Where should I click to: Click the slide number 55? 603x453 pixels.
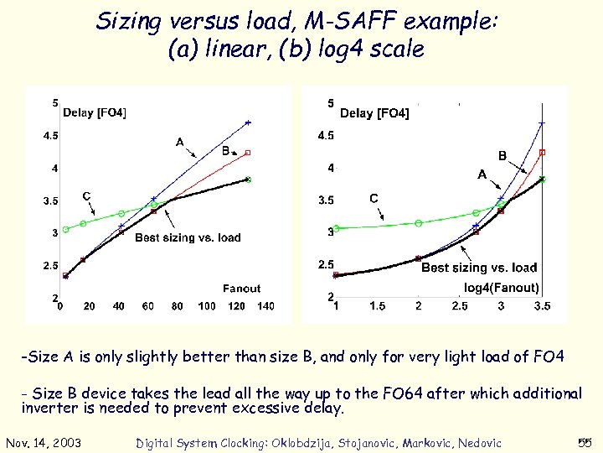point(585,443)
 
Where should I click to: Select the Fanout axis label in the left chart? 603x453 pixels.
point(241,289)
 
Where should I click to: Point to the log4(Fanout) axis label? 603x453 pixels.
point(501,287)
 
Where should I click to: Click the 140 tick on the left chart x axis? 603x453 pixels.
point(265,306)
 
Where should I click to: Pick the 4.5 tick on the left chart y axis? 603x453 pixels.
point(51,136)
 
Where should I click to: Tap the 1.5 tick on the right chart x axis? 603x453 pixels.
point(378,307)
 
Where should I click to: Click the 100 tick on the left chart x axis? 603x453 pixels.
point(206,306)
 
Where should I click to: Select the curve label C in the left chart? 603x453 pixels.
point(86,196)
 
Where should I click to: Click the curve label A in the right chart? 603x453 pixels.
point(482,174)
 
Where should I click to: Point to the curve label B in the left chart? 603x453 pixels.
point(225,151)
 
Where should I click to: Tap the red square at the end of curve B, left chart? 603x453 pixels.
point(249,153)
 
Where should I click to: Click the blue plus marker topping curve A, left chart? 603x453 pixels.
point(248,123)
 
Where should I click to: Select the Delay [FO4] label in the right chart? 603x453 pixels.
point(374,113)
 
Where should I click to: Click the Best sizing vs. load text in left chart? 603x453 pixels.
point(188,237)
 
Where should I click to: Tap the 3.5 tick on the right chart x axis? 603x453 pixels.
point(543,307)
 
